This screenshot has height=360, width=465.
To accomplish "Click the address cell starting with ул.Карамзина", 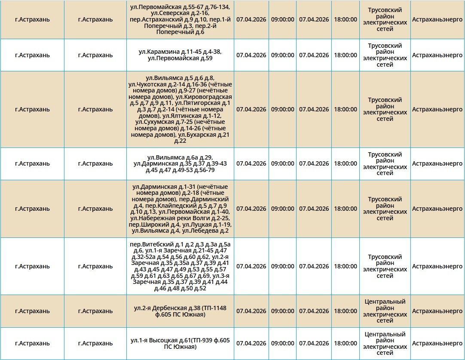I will pyautogui.click(x=180, y=55).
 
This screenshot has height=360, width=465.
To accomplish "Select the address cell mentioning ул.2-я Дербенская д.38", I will pyautogui.click(x=180, y=311).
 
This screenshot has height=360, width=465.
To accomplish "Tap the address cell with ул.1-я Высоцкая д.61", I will pyautogui.click(x=180, y=344).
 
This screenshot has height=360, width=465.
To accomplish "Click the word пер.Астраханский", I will pyautogui.click(x=157, y=19).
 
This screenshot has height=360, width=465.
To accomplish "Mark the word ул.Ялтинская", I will pyautogui.click(x=180, y=116).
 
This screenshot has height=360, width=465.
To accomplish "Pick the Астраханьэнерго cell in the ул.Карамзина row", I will pyautogui.click(x=437, y=55).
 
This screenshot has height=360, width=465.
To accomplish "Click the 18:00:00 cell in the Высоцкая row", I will pyautogui.click(x=346, y=344).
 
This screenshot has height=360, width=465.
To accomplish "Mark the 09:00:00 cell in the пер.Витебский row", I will pyautogui.click(x=282, y=266).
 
